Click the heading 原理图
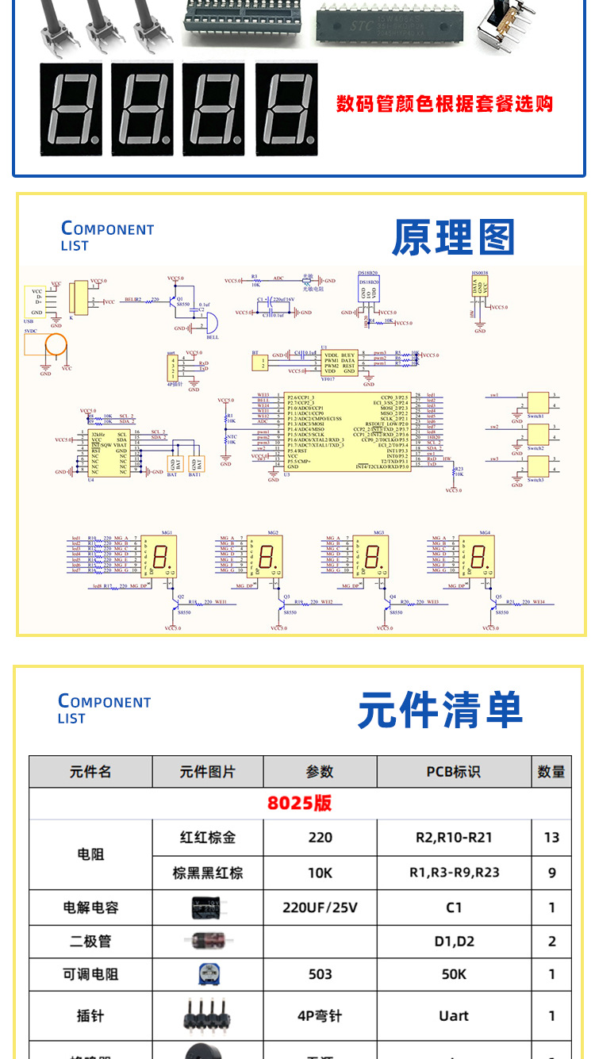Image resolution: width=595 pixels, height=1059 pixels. (x=453, y=237)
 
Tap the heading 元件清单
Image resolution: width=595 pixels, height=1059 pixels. (x=440, y=710)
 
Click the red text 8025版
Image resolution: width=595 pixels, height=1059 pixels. (x=299, y=803)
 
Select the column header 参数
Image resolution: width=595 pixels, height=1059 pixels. (x=320, y=772)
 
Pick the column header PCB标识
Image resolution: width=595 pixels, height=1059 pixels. (x=453, y=772)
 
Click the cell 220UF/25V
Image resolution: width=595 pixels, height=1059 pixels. (x=320, y=907)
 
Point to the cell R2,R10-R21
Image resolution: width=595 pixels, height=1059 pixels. (x=453, y=837)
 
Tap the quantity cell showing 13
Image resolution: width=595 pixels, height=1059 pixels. (x=551, y=837)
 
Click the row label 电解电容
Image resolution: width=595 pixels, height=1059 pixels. (x=90, y=907)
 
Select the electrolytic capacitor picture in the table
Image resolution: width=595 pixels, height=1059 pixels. (x=207, y=907)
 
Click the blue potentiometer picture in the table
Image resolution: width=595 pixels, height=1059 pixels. (x=207, y=974)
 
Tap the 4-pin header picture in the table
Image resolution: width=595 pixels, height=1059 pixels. (x=207, y=1015)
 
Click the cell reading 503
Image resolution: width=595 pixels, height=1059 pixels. (x=320, y=974)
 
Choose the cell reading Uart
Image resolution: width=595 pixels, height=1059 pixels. (x=453, y=1015)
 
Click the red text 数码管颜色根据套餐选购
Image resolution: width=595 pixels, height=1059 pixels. (x=444, y=104)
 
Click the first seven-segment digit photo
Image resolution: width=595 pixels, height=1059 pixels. (x=71, y=109)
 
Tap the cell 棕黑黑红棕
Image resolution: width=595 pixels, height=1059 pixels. (x=207, y=873)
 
